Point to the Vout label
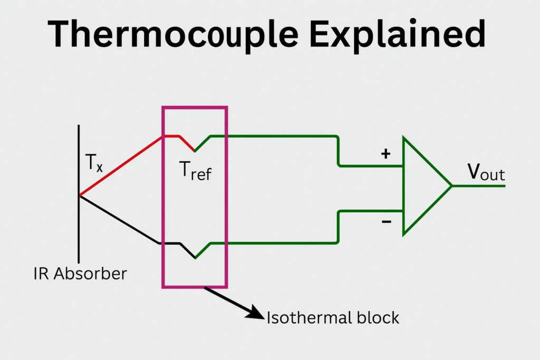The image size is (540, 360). (486, 173)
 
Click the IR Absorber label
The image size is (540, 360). (80, 274)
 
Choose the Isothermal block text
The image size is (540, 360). (333, 318)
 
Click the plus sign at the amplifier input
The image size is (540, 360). (386, 154)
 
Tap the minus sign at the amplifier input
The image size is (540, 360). (386, 222)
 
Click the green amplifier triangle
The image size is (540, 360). (422, 186)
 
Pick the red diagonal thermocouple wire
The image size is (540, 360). (121, 166)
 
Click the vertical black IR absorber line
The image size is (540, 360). (79, 158)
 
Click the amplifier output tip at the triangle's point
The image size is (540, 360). (451, 186)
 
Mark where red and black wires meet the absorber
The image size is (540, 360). (80, 196)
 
